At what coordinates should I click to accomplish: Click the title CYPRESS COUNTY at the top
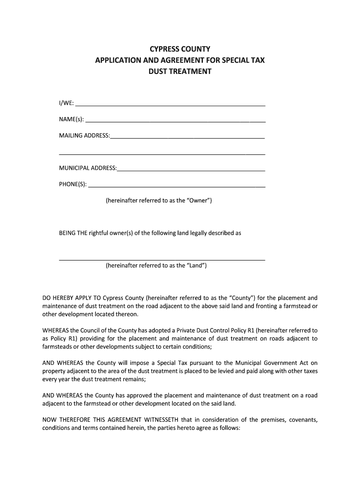coord(180,49)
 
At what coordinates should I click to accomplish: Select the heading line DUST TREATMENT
coord(180,72)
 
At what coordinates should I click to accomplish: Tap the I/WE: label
coord(66,103)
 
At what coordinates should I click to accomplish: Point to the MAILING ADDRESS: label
coord(84,136)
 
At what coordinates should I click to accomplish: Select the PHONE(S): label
coord(72,184)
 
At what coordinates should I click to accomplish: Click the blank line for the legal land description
coord(162,259)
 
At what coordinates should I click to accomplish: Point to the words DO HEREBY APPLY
coord(72,298)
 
